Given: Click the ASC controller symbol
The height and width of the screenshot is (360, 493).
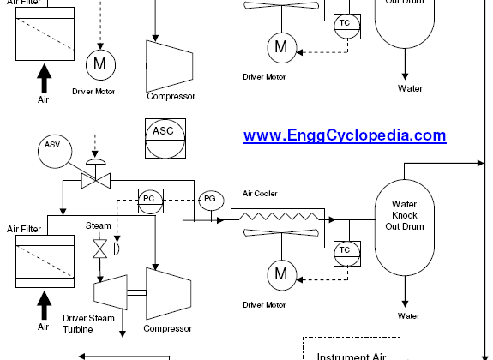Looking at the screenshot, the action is tap(165, 138).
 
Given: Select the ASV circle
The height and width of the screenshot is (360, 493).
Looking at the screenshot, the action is tap(55, 152).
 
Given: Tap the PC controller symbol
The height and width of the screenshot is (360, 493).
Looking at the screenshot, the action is tap(151, 201).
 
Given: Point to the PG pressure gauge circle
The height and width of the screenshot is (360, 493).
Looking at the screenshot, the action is tap(211, 201).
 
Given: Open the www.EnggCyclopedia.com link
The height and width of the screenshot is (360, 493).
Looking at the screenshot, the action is tap(345, 135).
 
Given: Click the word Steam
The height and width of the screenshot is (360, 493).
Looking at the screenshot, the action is tap(99, 225).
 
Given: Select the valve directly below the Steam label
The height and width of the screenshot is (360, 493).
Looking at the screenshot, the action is tap(100, 249).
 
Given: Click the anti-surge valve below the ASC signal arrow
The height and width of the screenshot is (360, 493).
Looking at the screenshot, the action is tap(96, 181).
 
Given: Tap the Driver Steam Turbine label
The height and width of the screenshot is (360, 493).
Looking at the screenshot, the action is tap(88, 323).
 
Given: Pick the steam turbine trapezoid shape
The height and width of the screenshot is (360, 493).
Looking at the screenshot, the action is tap(111, 292).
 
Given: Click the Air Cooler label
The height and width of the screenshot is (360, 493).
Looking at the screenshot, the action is tap(260, 194).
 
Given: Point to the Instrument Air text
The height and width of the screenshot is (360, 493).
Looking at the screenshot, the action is tap(352, 357).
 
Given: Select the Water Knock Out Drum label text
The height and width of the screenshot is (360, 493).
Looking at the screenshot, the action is tap(405, 215).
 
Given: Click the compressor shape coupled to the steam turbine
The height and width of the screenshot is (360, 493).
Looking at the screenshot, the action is tap(169, 294).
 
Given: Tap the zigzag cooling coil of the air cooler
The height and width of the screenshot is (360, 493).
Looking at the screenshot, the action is tap(279, 216).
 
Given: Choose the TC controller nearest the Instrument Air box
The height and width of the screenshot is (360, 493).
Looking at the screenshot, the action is tap(347, 254).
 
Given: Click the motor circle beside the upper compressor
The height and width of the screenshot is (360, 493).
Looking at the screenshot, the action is tap(100, 64).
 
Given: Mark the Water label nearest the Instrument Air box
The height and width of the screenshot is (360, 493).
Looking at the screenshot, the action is tap(408, 315).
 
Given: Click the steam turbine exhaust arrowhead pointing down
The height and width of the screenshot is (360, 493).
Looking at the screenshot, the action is tap(123, 334).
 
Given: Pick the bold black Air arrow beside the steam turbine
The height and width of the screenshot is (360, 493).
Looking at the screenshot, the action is tap(45, 305).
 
